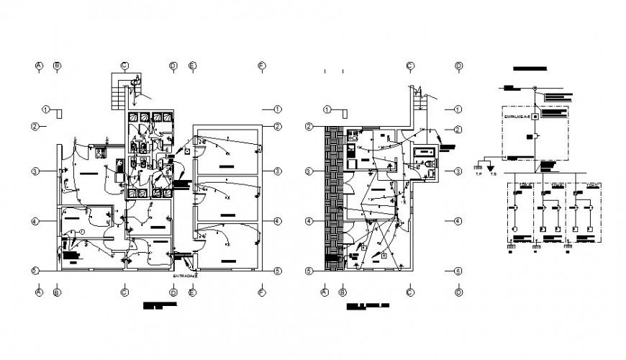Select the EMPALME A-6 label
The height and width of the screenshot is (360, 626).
point(517,116)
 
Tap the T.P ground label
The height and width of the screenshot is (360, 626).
point(478,174)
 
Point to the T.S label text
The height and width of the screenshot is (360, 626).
point(493,174)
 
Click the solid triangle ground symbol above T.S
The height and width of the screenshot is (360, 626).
point(493,167)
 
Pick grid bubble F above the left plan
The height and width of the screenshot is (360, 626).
point(262,66)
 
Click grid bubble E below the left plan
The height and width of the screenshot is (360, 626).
point(193,292)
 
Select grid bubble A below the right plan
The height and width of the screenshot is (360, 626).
point(324,292)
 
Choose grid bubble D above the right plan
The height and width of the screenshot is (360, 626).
point(458,66)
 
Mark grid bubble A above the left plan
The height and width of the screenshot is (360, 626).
point(39,66)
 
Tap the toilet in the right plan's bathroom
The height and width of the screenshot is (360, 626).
point(430,166)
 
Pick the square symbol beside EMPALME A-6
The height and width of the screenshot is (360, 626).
point(535,116)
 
